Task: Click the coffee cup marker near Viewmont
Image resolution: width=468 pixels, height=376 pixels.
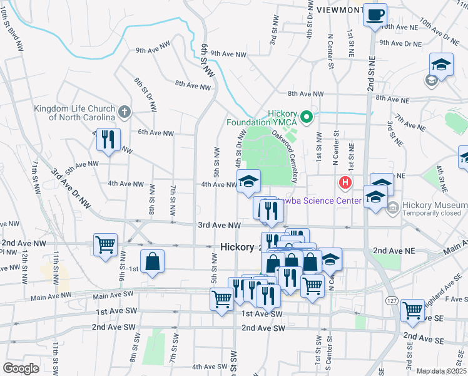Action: [375, 15]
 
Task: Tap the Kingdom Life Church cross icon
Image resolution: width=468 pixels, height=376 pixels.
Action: [124, 112]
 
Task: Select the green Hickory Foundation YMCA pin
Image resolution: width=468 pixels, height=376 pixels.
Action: [307, 116]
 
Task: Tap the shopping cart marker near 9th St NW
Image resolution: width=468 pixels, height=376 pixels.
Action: [105, 244]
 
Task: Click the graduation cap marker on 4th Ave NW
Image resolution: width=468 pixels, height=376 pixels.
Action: [248, 181]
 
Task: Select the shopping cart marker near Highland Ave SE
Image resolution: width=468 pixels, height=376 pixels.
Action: [412, 310]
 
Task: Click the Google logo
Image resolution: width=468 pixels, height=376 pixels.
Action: [21, 368]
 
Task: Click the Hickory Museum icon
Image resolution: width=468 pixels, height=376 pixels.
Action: [392, 207]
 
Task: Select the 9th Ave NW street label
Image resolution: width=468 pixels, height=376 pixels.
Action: [228, 54]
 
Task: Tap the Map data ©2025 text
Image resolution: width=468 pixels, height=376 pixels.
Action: [441, 371]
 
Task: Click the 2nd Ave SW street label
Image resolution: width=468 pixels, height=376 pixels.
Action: [113, 327]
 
